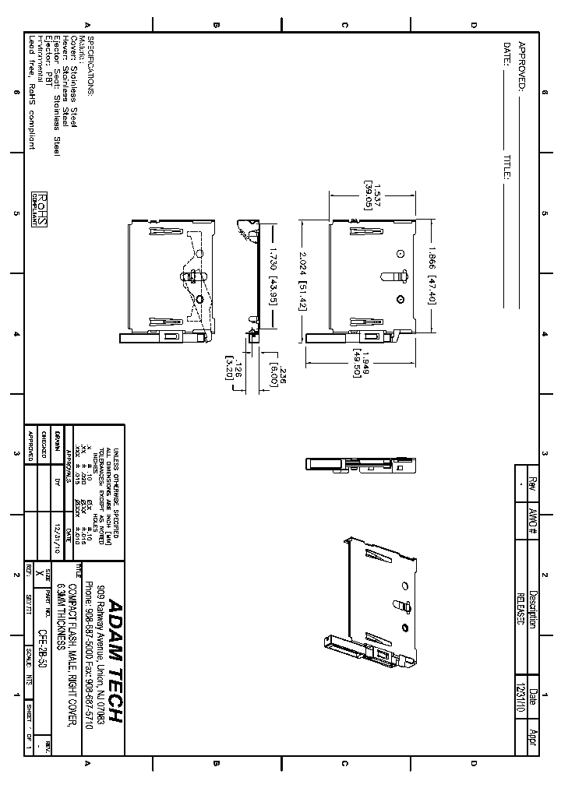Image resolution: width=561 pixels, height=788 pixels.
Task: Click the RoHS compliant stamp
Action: pyautogui.click(x=39, y=209)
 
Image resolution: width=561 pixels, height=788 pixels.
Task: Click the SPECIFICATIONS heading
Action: pyautogui.click(x=90, y=66)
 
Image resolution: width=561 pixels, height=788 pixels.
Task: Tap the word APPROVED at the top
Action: pyautogui.click(x=522, y=67)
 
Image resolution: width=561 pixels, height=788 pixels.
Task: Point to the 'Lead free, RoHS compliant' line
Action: pyautogui.click(x=32, y=92)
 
